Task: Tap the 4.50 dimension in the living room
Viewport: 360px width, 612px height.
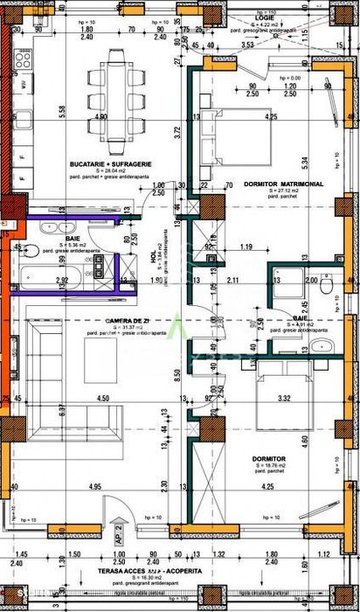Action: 103,399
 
